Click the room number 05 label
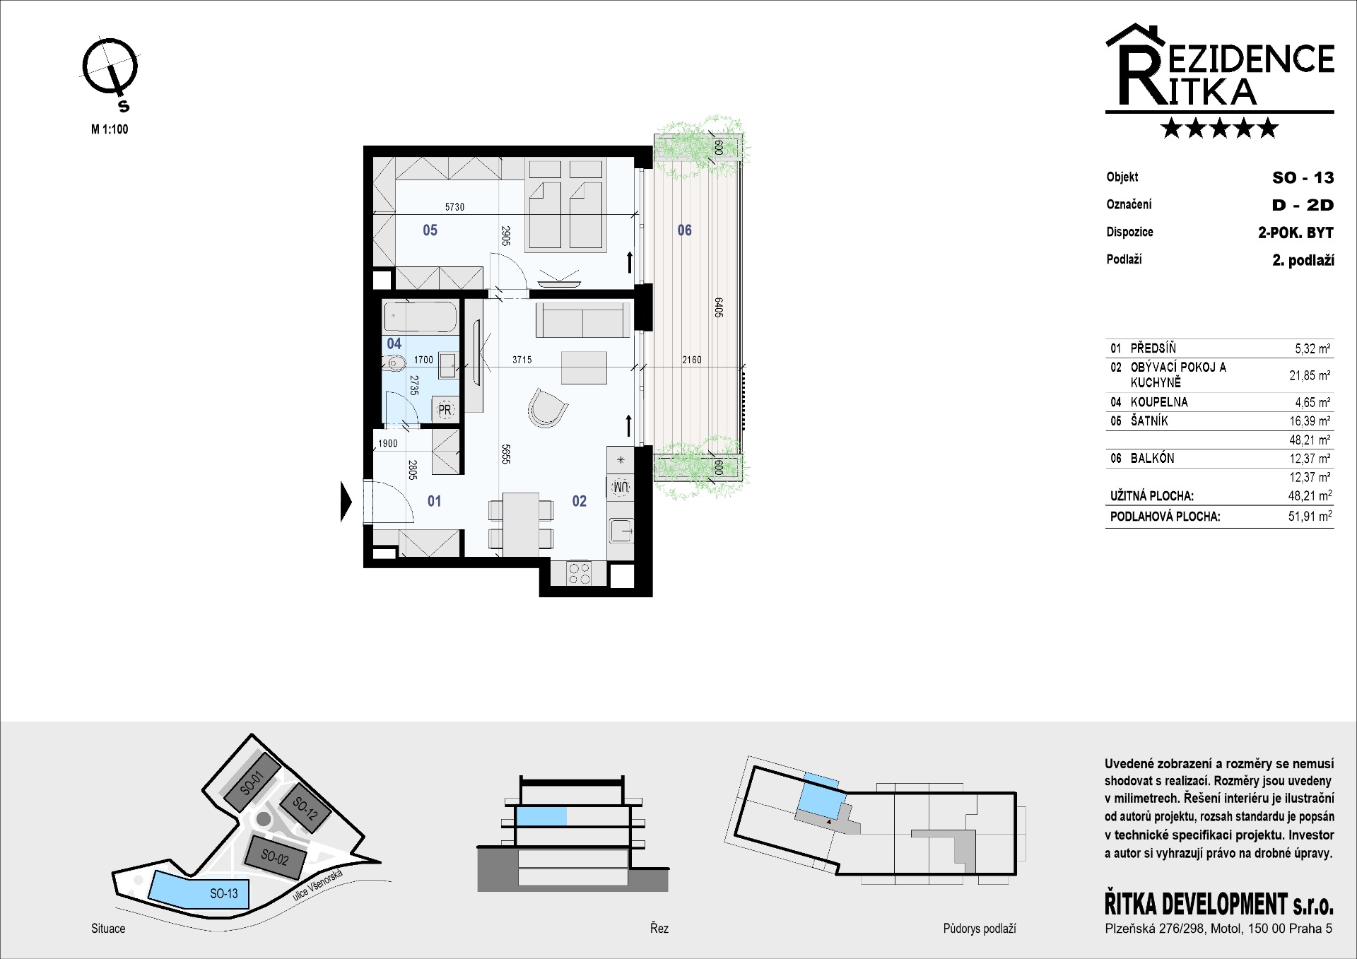coord(430,230)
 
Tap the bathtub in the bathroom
coord(420,317)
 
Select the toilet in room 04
coord(395,365)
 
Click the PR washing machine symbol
coord(445,409)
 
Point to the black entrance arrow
coord(346,501)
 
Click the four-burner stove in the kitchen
coord(580,573)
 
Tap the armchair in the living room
coord(547,408)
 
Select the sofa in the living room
coord(582,319)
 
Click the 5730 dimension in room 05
coord(454,207)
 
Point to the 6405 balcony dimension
coord(718,307)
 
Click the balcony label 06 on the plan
coord(684,230)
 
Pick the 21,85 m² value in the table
coord(1310,375)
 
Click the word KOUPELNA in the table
coord(1159,402)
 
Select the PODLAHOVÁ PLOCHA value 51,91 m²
coord(1310,516)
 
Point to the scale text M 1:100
coord(110,129)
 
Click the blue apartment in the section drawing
coord(541,816)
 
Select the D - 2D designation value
coord(1303,205)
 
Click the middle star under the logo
coord(1219,128)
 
